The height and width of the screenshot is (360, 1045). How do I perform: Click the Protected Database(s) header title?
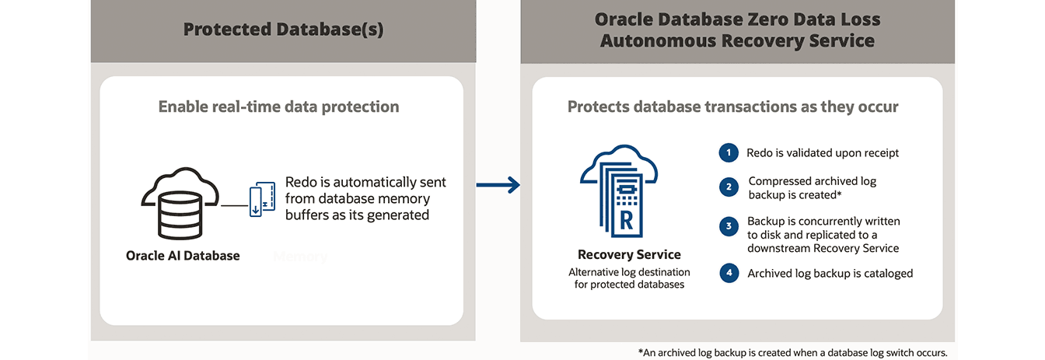point(283,30)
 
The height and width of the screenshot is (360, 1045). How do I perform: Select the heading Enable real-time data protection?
point(278,107)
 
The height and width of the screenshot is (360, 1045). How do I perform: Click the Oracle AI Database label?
point(183,255)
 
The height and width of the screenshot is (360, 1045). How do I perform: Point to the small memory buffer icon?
point(262,200)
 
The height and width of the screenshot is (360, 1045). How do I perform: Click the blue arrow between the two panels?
point(498,184)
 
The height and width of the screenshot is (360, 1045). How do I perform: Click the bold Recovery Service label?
point(629,254)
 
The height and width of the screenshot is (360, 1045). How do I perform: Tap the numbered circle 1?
point(729,153)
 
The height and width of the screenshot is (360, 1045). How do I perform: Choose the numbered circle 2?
point(729,187)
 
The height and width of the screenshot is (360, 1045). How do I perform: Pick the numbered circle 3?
point(729,227)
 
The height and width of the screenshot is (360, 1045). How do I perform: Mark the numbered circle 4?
point(729,273)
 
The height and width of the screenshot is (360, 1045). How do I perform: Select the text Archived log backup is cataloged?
point(830,273)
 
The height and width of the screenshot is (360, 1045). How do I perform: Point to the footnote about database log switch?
point(792,352)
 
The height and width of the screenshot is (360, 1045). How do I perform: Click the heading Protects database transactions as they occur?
point(732,107)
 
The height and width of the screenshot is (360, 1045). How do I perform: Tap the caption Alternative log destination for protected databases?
point(629,278)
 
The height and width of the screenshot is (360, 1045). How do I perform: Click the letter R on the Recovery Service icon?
point(626,218)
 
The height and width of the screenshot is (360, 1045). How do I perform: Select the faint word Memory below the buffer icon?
point(300,256)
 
